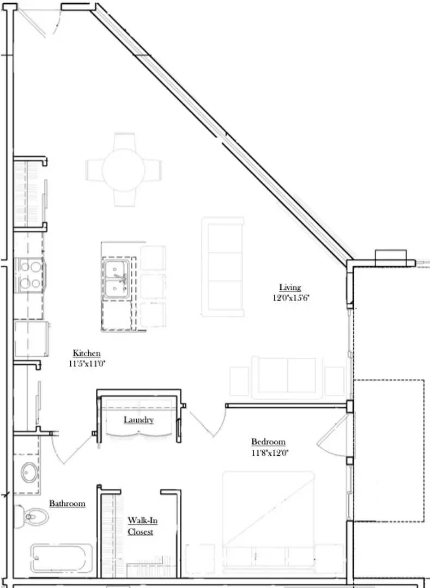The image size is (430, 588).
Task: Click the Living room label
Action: click(290, 287)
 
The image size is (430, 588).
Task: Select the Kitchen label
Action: click(87, 353)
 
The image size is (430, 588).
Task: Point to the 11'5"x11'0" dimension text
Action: click(87, 364)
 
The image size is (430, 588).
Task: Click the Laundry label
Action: click(138, 420)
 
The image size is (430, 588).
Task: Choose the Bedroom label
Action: click(268, 442)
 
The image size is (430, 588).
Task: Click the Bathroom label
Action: click(67, 504)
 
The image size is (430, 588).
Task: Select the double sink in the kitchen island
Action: click(117, 278)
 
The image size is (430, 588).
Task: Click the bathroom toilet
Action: click(32, 515)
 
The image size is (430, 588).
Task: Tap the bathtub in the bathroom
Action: click(61, 558)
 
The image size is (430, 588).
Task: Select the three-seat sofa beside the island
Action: click(223, 267)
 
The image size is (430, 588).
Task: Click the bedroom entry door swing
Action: click(207, 422)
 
